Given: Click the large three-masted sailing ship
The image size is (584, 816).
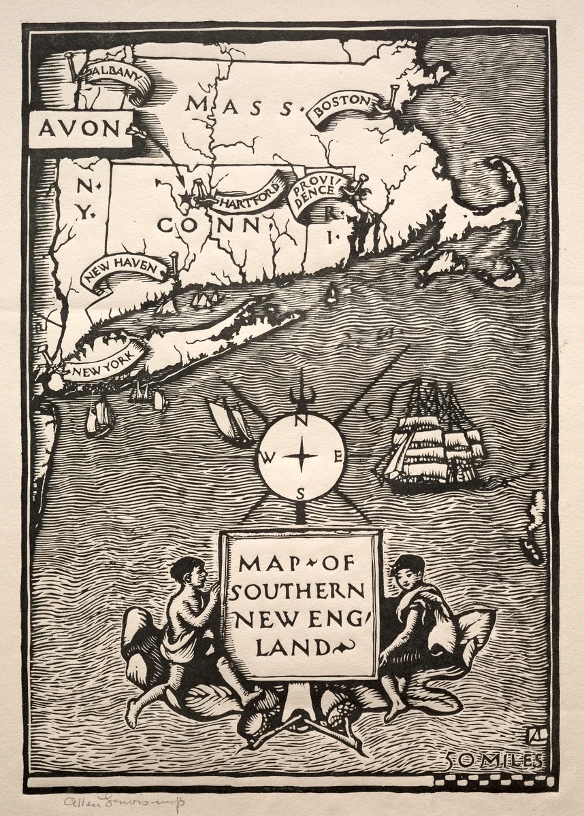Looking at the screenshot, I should (x=436, y=435).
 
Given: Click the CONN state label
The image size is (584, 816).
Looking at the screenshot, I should (x=208, y=224).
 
